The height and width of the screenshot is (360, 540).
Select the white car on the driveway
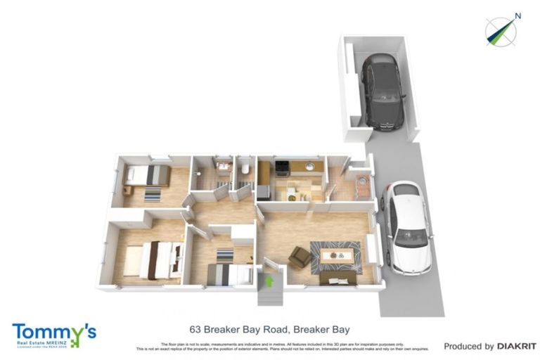(406, 227)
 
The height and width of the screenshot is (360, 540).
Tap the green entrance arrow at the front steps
(269, 281)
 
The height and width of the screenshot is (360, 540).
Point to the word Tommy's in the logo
(53, 331)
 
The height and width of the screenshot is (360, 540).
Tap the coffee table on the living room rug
(336, 255)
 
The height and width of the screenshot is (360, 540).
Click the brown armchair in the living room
(300, 258)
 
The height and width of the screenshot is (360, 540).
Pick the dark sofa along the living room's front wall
(337, 278)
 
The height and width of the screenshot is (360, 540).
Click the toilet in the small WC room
(244, 169)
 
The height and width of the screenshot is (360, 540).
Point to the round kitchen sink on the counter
(309, 167)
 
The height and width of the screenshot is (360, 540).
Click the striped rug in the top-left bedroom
(153, 194)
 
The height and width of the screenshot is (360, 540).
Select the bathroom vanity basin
(224, 167)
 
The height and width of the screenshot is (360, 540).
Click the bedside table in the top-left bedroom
(128, 190)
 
